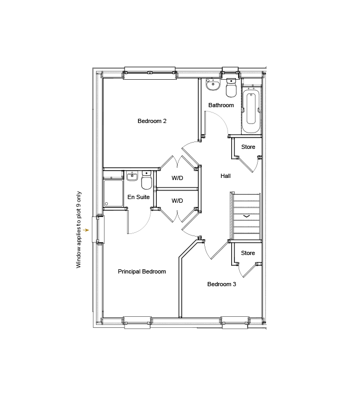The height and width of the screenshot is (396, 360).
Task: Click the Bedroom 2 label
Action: (x=152, y=121)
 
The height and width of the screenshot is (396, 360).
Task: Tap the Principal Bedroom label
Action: (x=141, y=271)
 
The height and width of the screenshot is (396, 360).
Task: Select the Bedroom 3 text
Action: (x=221, y=284)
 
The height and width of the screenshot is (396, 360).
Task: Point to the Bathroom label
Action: (x=221, y=105)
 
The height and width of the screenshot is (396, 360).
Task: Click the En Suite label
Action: (x=139, y=197)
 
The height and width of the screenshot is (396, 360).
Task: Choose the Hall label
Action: (x=225, y=176)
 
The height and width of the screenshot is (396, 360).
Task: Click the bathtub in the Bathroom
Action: (x=251, y=110)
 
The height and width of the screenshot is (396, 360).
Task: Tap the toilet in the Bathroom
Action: (x=231, y=89)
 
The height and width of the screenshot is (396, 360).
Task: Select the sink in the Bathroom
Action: (x=212, y=84)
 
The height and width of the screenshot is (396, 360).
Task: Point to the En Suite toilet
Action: (x=147, y=181)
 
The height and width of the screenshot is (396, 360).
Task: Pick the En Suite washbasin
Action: (x=132, y=176)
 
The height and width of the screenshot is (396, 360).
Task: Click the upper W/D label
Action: (x=177, y=178)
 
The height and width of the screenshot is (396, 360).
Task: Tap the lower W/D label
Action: (x=177, y=201)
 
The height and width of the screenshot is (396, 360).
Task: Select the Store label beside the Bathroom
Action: (x=248, y=147)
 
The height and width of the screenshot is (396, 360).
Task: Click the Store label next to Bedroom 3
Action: (x=248, y=253)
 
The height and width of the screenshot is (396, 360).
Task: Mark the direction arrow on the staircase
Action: (x=247, y=216)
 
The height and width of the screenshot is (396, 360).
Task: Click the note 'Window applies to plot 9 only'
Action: (x=79, y=229)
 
